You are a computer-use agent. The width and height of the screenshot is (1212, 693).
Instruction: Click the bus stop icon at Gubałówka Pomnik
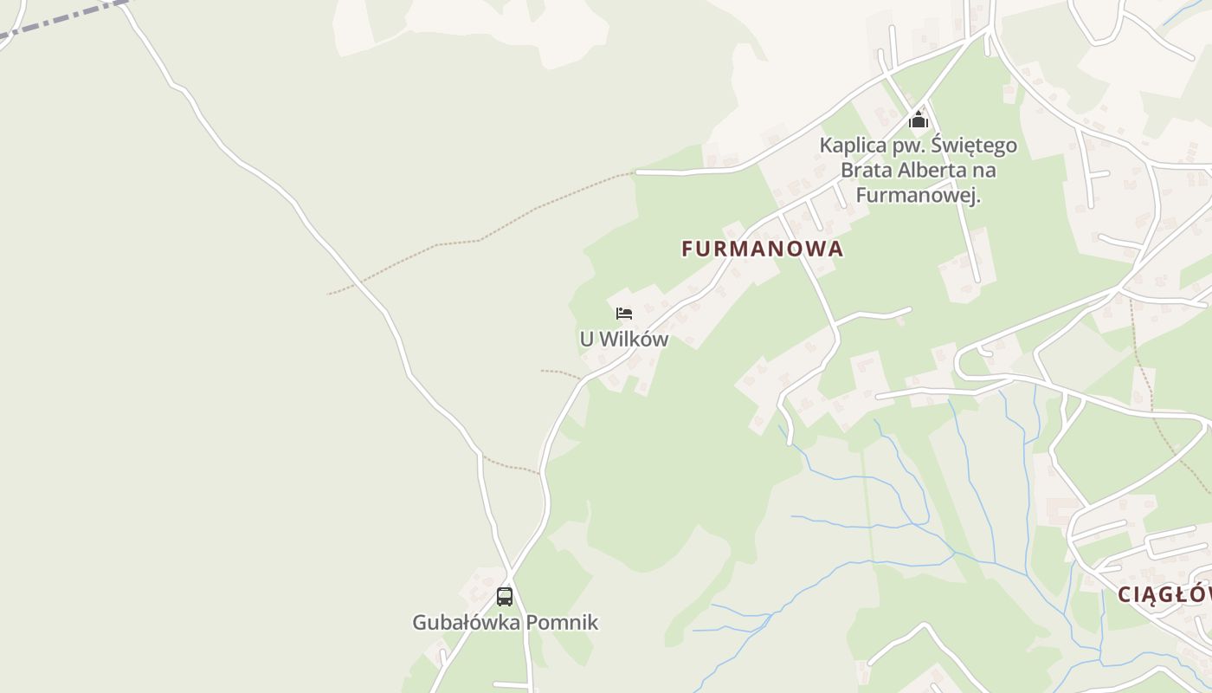tap(505, 596)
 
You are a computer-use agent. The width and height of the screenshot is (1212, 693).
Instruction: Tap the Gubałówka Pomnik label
tap(505, 623)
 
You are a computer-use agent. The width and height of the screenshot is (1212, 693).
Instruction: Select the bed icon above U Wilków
tap(624, 313)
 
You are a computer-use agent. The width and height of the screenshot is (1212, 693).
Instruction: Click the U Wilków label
tap(624, 340)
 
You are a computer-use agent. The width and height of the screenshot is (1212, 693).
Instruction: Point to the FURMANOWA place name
tap(762, 249)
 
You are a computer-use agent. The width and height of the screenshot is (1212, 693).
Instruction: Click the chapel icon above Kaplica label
tap(919, 119)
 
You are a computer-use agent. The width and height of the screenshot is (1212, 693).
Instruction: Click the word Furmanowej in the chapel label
tap(918, 196)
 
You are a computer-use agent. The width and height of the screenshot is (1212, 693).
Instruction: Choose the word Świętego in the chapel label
tap(975, 146)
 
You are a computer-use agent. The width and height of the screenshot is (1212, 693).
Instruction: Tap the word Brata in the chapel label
tap(866, 171)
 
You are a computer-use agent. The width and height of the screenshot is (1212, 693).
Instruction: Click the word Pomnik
tap(564, 623)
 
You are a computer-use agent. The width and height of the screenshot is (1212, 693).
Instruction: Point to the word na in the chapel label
tap(984, 171)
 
